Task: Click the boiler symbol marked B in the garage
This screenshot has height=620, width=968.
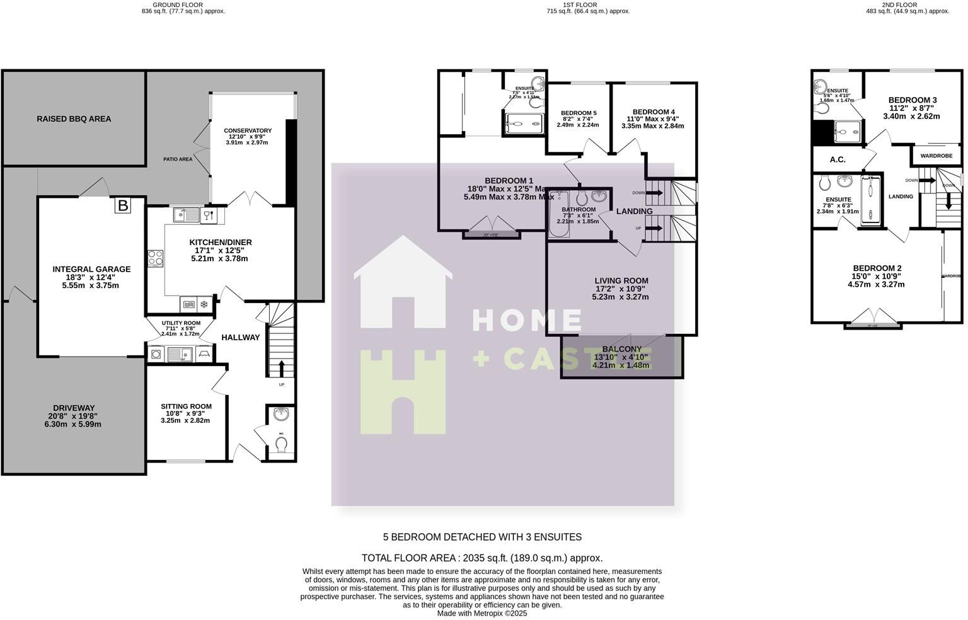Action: pos(123,205)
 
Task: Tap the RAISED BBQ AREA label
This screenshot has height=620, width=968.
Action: pos(74,118)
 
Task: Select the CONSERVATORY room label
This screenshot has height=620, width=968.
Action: pos(248,131)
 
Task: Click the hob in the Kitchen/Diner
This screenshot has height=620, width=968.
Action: pos(156,258)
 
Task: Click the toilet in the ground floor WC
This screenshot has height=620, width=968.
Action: pos(281,445)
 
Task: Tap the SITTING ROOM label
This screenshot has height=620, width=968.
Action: pos(186,406)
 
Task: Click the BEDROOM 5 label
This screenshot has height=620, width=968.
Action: pos(579,113)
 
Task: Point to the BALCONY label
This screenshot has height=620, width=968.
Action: pos(621,349)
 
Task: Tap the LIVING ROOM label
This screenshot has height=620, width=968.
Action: pos(621,281)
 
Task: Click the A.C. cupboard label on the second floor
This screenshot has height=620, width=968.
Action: pos(837,159)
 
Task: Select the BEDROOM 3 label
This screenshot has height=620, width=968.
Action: pos(912,100)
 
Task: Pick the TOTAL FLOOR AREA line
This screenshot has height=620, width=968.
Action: pos(482,558)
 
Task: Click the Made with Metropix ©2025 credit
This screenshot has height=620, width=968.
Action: pos(482,613)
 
